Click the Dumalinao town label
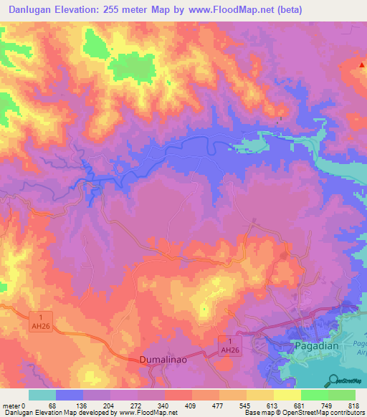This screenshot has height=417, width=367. pyautogui.click(x=162, y=361)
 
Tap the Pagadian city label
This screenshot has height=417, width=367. pyautogui.click(x=314, y=345)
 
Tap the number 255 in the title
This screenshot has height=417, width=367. pyautogui.click(x=130, y=10)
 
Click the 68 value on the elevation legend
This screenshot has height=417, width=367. pyautogui.click(x=52, y=406)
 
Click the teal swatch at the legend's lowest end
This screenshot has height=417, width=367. pyautogui.click(x=42, y=395)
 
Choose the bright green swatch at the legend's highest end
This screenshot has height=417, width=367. pyautogui.click(x=342, y=395)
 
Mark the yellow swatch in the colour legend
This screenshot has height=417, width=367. pyautogui.click(x=287, y=395)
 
